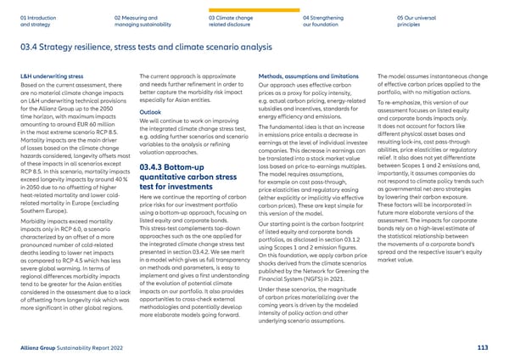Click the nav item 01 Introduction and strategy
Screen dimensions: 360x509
pyautogui.click(x=37, y=20)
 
